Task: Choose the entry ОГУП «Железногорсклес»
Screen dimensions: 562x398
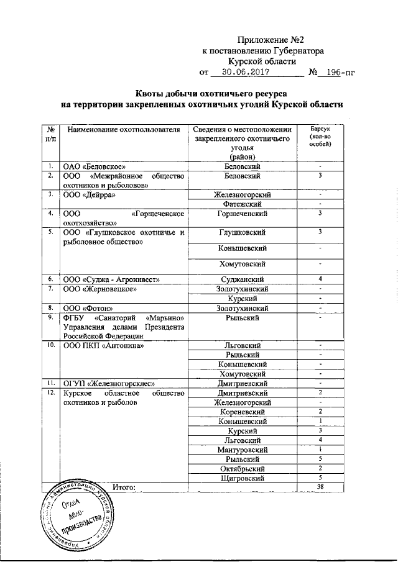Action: click(109, 383)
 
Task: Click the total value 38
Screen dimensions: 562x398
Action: click(320, 487)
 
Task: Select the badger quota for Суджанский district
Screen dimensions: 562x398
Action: click(320, 279)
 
